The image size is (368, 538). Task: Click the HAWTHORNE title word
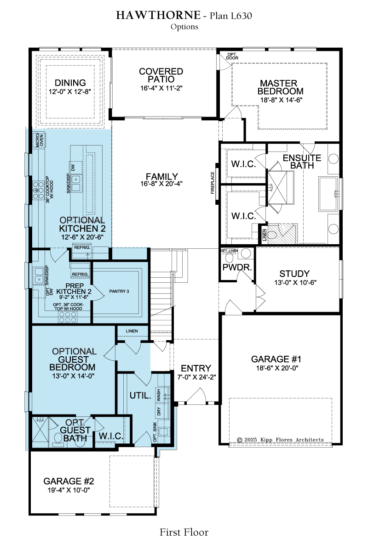[x=158, y=15]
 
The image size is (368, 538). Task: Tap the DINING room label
[x=70, y=83]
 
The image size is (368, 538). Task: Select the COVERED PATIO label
[x=161, y=75]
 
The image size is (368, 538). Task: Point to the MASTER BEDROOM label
[x=280, y=87]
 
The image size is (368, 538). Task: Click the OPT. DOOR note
[x=232, y=56]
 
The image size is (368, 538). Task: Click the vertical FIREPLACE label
[x=213, y=183]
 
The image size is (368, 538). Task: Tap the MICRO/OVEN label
[x=39, y=140]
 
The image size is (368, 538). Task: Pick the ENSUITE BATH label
[x=302, y=162]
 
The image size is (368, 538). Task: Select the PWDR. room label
[x=237, y=267]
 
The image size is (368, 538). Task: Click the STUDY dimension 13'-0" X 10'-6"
[x=295, y=282]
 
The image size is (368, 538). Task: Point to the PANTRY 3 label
[x=119, y=291]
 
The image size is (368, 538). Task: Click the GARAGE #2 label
[x=69, y=481]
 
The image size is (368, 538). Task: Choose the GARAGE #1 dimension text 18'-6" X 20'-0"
[x=277, y=368]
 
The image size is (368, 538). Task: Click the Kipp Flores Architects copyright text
[x=281, y=439]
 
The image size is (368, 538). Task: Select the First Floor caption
[x=184, y=532]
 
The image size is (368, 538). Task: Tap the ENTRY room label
[x=196, y=368]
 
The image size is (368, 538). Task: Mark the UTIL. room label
[x=140, y=396]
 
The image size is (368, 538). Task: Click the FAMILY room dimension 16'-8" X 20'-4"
[x=161, y=184]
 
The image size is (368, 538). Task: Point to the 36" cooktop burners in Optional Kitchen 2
[x=36, y=191]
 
